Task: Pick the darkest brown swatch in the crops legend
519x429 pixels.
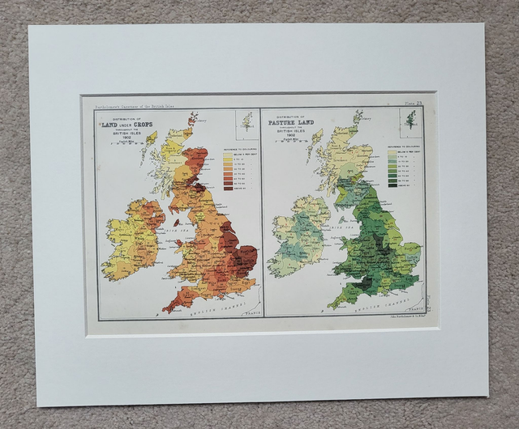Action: click(x=228, y=189)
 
